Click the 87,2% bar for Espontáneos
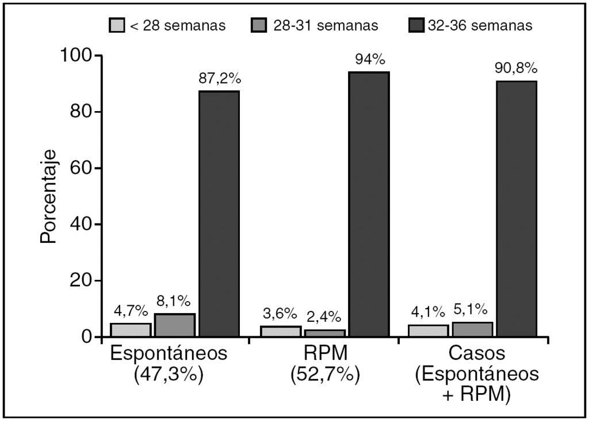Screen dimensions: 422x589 pos(219,214)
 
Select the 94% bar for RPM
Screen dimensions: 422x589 pos(369,204)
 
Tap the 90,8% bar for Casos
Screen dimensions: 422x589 pos(517,208)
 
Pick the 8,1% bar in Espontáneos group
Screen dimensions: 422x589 pos(175,325)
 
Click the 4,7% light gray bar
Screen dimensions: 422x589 pos(131,330)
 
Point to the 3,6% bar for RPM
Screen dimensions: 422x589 pos(281,332)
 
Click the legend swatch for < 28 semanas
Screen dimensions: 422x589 pos(117,25)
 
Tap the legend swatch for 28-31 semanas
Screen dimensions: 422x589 pos(259,25)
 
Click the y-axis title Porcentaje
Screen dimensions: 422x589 pos(48,196)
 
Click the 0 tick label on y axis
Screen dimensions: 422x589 pos(89,337)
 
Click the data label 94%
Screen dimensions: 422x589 pos(369,59)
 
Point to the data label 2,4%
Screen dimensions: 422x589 pos(324,317)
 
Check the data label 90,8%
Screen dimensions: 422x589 pos(516,69)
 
